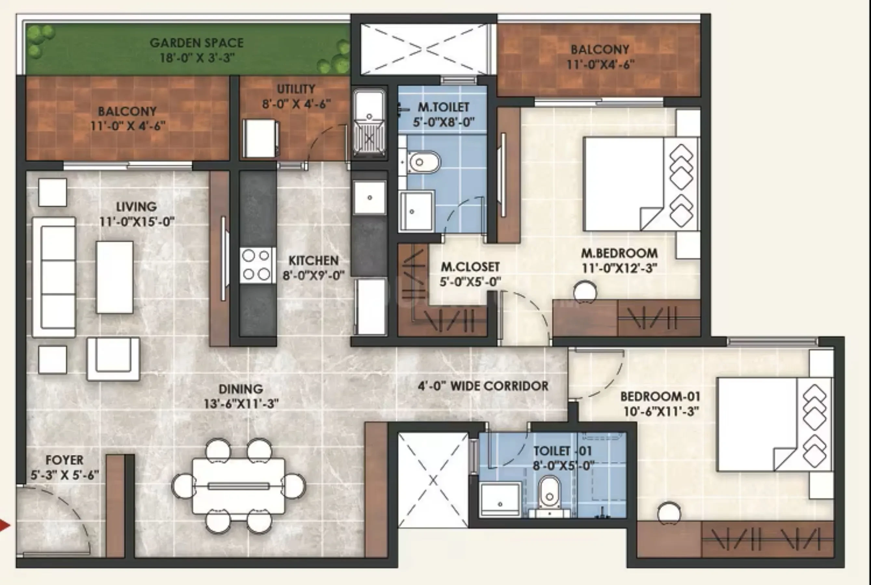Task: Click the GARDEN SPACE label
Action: click(x=197, y=43)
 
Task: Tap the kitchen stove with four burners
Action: click(x=257, y=265)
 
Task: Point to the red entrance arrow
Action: click(x=5, y=525)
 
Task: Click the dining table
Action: click(x=238, y=486)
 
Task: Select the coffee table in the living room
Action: click(x=114, y=277)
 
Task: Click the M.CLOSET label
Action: click(x=470, y=267)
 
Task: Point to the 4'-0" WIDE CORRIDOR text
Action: click(x=483, y=386)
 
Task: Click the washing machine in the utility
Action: click(x=261, y=138)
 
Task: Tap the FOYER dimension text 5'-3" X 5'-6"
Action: click(x=65, y=475)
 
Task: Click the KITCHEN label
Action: click(x=314, y=260)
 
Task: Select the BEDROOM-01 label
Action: click(x=660, y=396)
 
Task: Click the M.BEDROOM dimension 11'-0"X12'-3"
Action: click(x=619, y=268)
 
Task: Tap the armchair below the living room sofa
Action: click(x=113, y=359)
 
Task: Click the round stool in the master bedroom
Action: click(x=585, y=292)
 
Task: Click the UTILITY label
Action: click(x=296, y=89)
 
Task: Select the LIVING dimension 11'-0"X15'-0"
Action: click(x=137, y=222)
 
